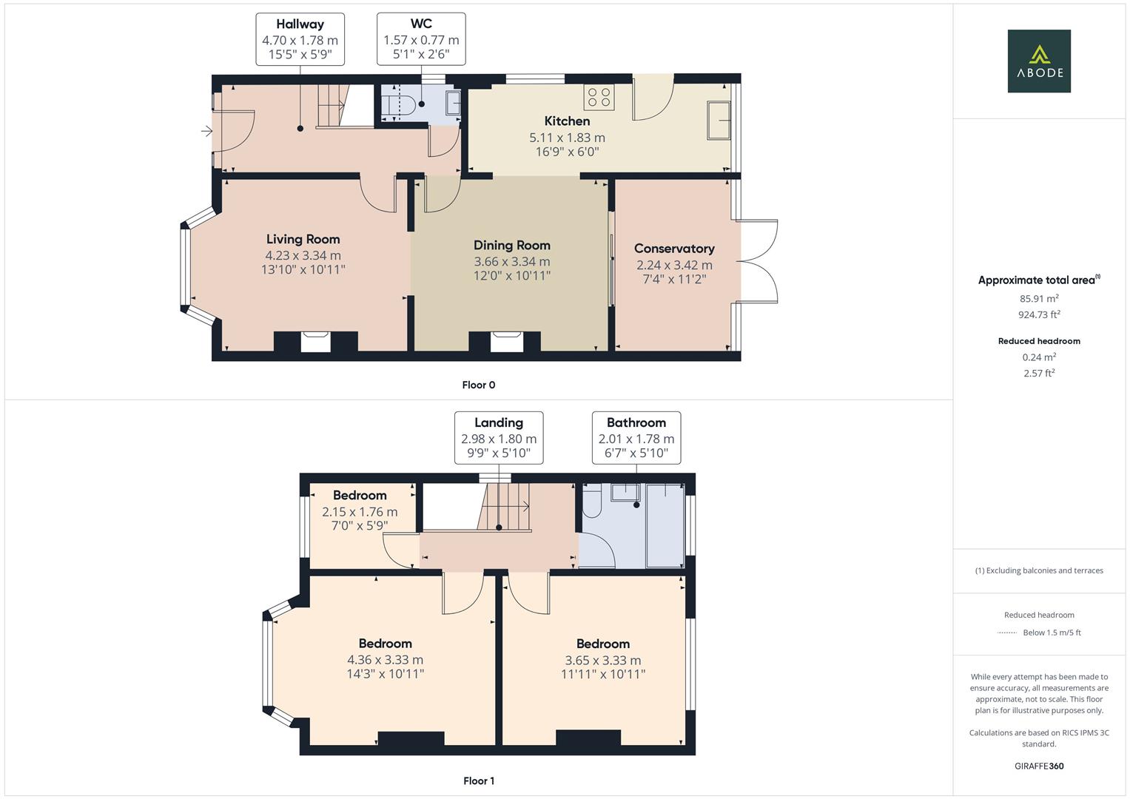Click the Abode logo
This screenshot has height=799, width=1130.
coord(1038,61)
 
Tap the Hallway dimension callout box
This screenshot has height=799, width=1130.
coord(300,39)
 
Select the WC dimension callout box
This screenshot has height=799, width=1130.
coord(420,39)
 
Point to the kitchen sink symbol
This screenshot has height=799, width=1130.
coord(719,120)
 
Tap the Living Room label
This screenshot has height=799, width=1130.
coord(303,239)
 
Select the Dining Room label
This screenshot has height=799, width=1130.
coord(511,245)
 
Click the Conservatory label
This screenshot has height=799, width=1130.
coord(673,249)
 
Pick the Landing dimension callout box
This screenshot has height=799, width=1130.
coord(498,437)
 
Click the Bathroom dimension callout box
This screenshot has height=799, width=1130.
coord(636,437)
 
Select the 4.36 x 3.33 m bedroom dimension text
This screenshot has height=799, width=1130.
coord(385,660)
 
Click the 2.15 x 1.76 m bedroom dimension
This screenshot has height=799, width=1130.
coord(359,512)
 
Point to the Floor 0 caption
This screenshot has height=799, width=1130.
coord(478,385)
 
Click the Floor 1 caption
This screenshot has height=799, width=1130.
coord(478,781)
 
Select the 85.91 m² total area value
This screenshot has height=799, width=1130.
coord(1038,299)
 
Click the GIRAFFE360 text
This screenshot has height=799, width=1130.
coord(1038,766)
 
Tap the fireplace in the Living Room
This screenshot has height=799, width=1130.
coord(316,342)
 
